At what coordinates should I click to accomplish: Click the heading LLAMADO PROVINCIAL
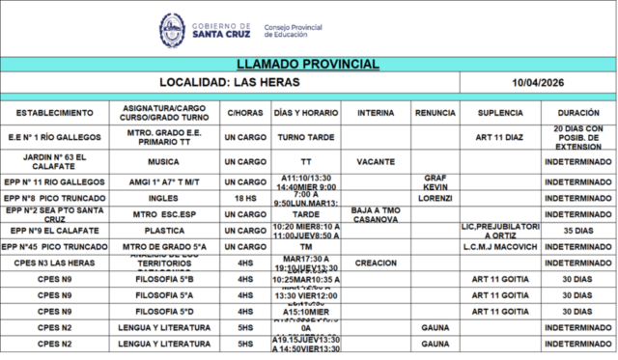tap(307, 64)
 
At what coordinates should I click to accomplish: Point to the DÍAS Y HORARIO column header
tap(306, 114)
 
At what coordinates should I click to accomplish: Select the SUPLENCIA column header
tap(500, 114)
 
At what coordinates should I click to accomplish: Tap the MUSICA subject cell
tap(163, 162)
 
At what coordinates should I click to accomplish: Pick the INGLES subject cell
tap(163, 198)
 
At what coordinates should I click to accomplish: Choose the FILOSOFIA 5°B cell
tap(163, 279)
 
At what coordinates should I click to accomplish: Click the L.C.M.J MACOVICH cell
tap(500, 247)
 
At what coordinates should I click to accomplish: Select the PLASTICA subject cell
tap(163, 231)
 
